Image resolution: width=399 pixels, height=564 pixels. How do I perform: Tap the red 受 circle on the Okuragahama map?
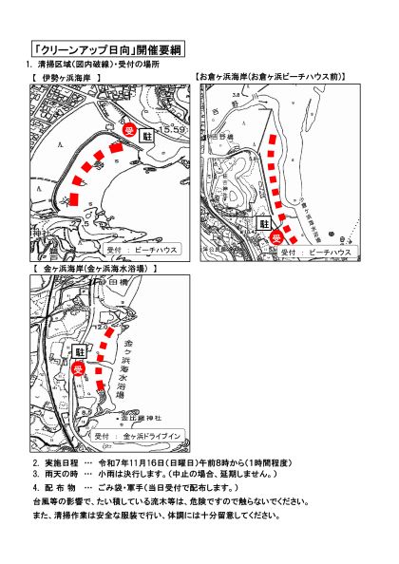[x=276, y=237]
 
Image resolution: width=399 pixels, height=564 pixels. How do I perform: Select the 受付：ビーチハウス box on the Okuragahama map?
[x=328, y=253]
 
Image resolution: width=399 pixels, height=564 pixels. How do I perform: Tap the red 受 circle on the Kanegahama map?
[x=80, y=368]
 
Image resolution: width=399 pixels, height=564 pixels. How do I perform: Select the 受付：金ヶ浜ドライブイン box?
[x=141, y=436]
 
